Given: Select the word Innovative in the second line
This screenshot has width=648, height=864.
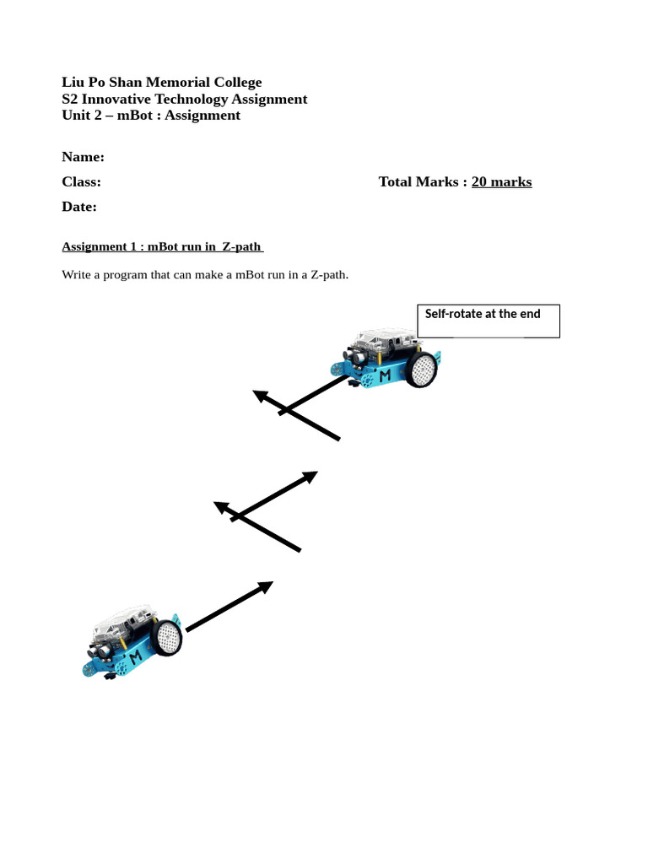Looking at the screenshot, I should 122,99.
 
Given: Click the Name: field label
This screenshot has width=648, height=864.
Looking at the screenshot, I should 83,157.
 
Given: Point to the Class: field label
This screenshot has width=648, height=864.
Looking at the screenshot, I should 81,181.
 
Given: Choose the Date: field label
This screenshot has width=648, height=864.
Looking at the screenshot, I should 79,207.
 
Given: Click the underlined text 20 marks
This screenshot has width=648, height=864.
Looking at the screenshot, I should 501,181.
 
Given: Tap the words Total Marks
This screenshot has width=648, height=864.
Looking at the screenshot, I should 418,181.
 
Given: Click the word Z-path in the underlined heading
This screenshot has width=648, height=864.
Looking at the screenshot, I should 241,246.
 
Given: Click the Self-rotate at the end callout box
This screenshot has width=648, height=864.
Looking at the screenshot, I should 488,321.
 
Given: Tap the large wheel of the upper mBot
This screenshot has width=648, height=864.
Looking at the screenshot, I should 421,370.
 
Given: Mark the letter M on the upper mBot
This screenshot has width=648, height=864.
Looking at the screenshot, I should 385,375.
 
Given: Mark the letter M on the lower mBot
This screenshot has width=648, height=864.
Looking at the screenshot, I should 135,656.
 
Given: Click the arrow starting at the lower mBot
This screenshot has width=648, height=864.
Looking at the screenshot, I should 229,606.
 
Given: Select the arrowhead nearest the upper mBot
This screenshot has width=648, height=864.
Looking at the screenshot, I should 261,395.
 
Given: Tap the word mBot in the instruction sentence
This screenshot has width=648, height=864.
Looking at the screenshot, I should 252,274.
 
